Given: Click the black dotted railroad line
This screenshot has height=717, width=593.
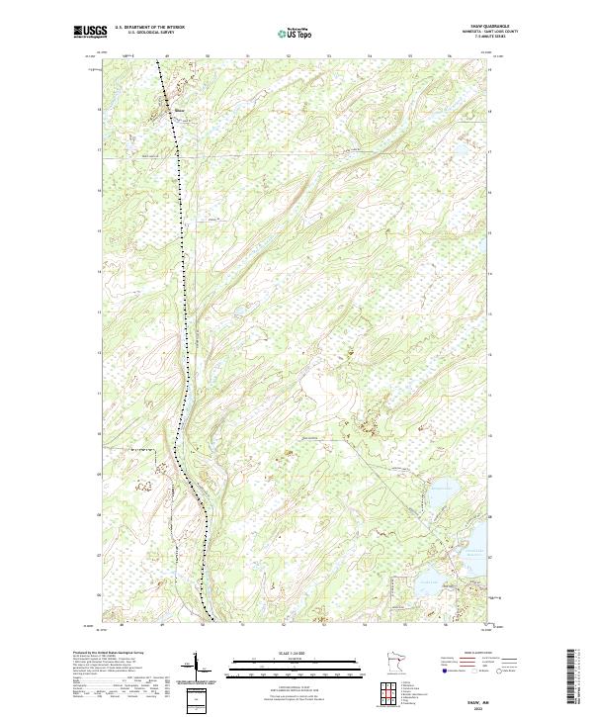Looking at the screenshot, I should coord(182,247).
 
